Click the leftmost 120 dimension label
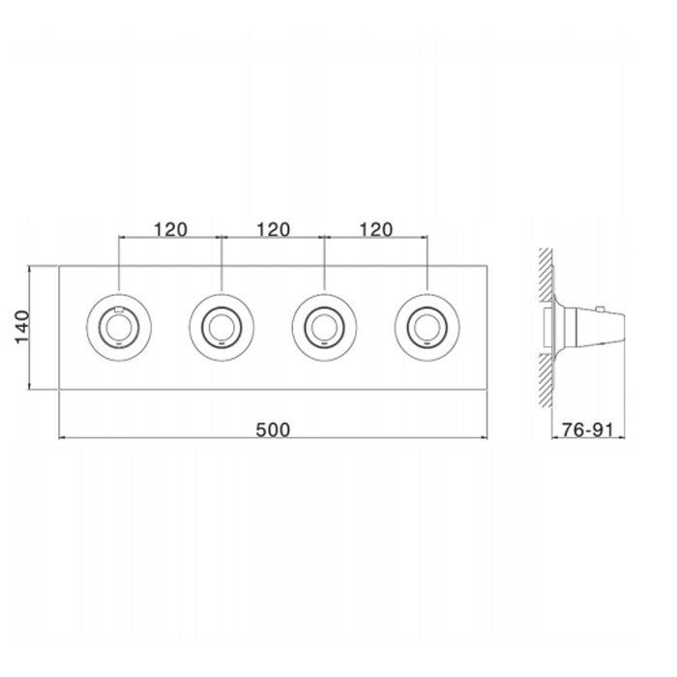[x=170, y=230]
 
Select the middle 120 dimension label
[x=274, y=230]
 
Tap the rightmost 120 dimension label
[x=376, y=230]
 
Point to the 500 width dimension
[x=273, y=430]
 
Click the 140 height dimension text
[x=22, y=327]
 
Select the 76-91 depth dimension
[x=587, y=430]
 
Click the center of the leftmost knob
[x=119, y=327]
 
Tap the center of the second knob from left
[x=221, y=327]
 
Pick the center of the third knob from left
[x=324, y=327]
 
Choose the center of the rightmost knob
[x=427, y=327]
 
